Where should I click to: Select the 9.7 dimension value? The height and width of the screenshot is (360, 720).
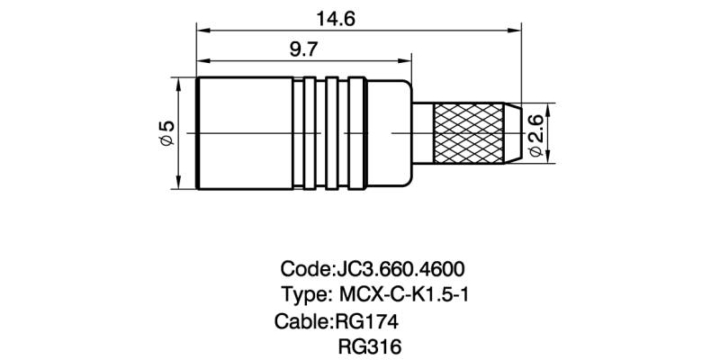pos(302,50)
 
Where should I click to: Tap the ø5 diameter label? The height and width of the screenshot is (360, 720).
pos(166,133)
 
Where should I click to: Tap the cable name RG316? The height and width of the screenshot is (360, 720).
pos(369,346)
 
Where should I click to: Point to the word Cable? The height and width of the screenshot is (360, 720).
pos(302,320)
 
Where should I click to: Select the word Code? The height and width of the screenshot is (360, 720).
pos(305,269)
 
